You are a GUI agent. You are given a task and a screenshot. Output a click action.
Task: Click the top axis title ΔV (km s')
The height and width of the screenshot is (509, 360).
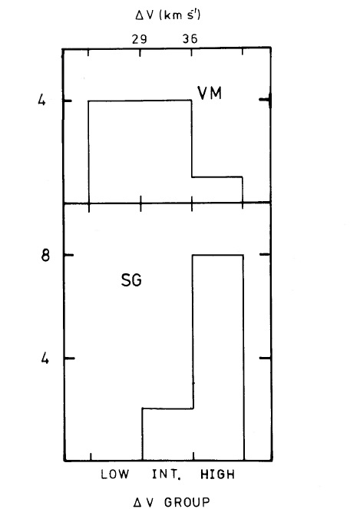point(167,15)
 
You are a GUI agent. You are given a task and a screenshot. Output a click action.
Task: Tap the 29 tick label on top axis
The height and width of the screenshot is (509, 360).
point(139,39)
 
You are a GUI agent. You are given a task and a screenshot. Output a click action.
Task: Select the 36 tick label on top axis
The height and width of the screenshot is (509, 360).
point(190,39)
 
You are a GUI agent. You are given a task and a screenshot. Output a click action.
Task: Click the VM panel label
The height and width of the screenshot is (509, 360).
point(210,93)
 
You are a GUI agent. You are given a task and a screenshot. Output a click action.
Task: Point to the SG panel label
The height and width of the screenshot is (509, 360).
point(131,280)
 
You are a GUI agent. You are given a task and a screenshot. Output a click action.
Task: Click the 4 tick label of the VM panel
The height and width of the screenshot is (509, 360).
point(42,101)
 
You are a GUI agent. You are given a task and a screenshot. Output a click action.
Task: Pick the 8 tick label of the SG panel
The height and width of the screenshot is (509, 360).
point(45,255)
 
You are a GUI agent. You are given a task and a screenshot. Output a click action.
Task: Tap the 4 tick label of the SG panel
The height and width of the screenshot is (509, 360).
point(45,359)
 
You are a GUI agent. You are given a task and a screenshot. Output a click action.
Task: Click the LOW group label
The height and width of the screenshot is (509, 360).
point(114,474)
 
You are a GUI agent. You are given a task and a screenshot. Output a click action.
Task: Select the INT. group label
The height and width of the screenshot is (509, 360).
point(167,474)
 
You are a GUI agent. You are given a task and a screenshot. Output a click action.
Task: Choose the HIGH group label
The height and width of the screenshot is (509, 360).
point(217,474)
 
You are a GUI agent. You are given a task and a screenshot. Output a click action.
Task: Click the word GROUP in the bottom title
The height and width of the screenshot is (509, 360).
point(187,502)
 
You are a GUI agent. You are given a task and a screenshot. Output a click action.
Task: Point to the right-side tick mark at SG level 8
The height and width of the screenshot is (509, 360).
point(266,255)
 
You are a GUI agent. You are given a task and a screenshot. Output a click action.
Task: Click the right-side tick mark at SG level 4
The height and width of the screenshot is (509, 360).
point(266,358)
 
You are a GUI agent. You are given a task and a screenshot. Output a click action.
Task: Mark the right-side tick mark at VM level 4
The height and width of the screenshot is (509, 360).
point(265,101)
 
